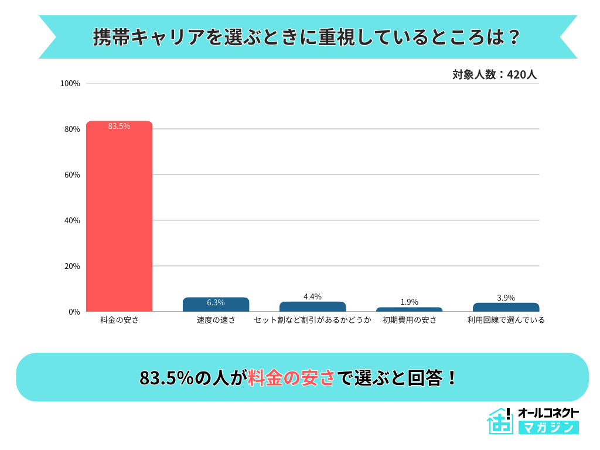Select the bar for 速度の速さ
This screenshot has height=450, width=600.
click(x=216, y=305)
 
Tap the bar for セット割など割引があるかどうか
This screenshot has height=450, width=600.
click(x=312, y=307)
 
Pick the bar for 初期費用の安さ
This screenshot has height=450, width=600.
click(x=409, y=309)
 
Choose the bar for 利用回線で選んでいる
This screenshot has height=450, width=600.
click(x=506, y=308)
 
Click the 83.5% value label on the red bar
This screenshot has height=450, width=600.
click(x=120, y=126)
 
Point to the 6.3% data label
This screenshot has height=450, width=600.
click(x=216, y=303)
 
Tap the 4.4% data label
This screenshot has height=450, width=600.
click(x=312, y=296)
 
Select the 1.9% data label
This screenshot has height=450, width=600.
click(x=409, y=302)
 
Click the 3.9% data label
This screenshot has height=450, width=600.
click(x=506, y=298)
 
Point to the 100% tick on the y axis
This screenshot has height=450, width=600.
click(x=70, y=83)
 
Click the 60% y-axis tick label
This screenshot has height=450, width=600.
click(x=71, y=175)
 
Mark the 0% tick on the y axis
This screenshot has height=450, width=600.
click(x=74, y=312)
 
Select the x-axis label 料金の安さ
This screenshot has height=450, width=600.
click(x=120, y=320)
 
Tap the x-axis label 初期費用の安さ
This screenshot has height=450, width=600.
click(x=409, y=320)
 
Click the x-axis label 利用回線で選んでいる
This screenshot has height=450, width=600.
click(x=506, y=320)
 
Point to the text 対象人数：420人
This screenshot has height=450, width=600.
click(x=495, y=75)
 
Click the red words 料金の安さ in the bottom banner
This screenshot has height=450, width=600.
click(x=291, y=378)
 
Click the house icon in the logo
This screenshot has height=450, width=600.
click(x=499, y=421)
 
